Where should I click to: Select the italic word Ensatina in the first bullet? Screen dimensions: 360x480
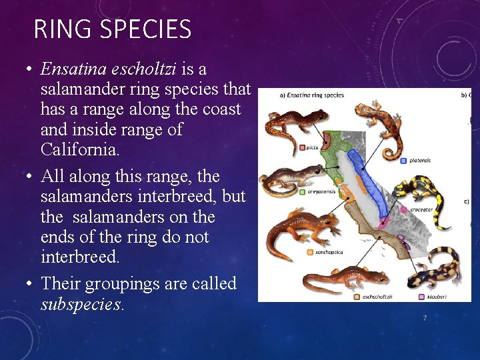pos(71,69)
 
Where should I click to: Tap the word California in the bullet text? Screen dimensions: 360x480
pos(80,149)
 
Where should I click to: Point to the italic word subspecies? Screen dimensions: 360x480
pos(82,305)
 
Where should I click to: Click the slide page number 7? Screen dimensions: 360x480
pos(425,319)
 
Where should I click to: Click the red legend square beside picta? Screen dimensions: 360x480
pos(302,147)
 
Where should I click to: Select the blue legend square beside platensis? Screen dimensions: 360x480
pos(404,161)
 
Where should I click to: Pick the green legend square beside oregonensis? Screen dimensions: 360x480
pos(302,191)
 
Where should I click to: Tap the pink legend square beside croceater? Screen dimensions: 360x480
pos(404,209)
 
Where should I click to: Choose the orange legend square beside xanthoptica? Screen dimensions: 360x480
pos(310,252)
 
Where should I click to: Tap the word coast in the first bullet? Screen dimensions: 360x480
pos(222,109)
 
